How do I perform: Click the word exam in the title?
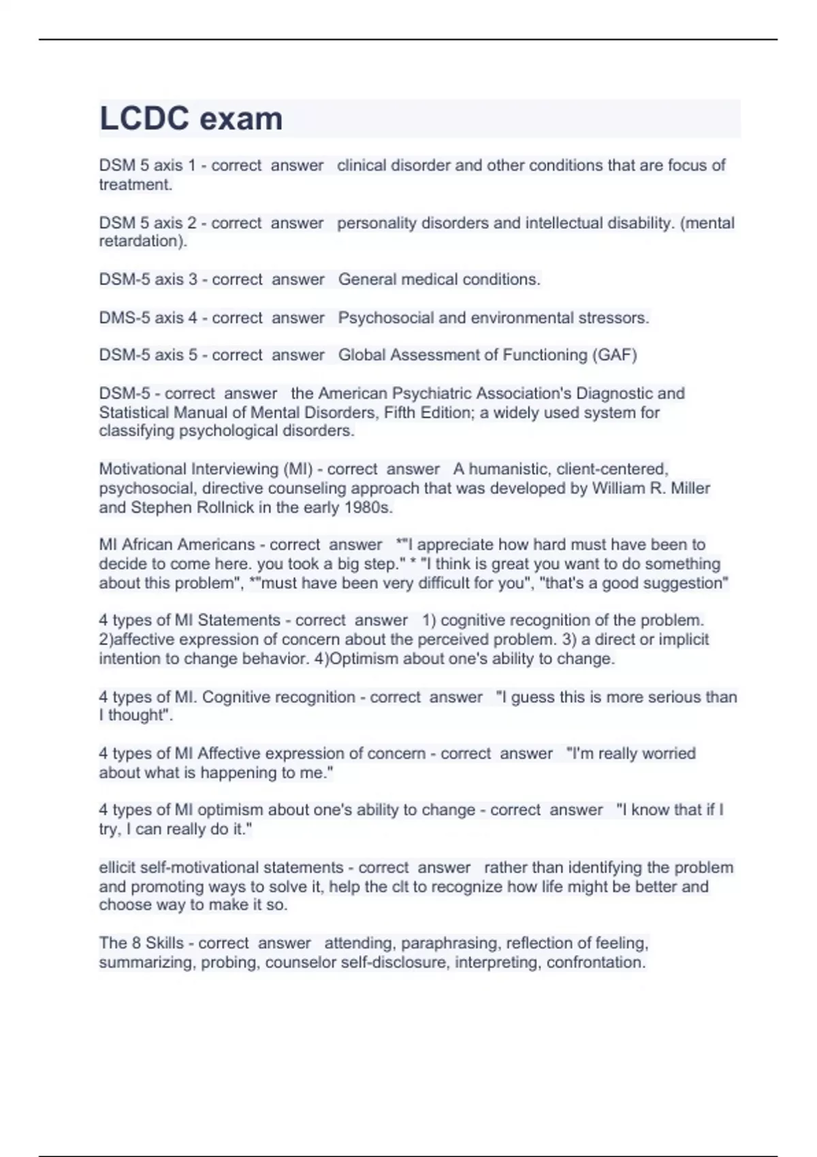(242, 119)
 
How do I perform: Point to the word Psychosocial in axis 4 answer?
(385, 318)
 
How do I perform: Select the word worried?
(669, 753)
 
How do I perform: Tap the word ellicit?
(117, 868)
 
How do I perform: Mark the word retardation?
(141, 242)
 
